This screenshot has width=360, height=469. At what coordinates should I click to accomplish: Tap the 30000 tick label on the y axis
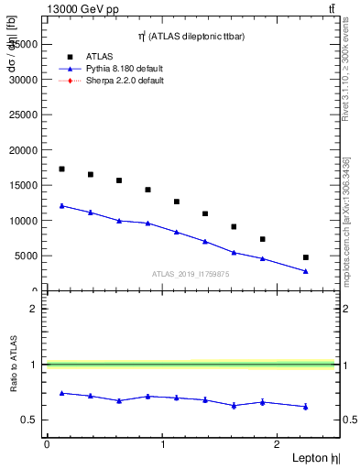[x=23, y=79]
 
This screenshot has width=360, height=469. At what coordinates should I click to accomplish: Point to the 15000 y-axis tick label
[x=23, y=185]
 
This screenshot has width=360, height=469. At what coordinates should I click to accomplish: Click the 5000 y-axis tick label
[x=26, y=256]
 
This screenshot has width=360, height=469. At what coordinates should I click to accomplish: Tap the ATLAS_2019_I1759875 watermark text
[x=190, y=274]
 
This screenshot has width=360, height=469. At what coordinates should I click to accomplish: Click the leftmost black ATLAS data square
[x=61, y=169]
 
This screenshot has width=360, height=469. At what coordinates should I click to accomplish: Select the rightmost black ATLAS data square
[x=306, y=257]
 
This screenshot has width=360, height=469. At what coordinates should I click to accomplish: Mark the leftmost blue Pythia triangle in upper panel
[x=61, y=205]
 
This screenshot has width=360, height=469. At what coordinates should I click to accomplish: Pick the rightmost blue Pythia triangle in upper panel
[x=306, y=271]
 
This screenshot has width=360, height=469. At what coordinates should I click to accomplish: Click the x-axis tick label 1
[x=162, y=444]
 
